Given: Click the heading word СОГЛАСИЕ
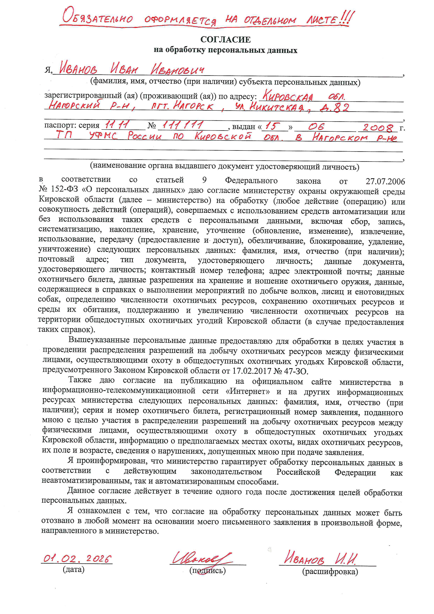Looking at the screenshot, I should coord(225,40).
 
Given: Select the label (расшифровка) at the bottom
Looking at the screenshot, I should coord(330,572).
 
